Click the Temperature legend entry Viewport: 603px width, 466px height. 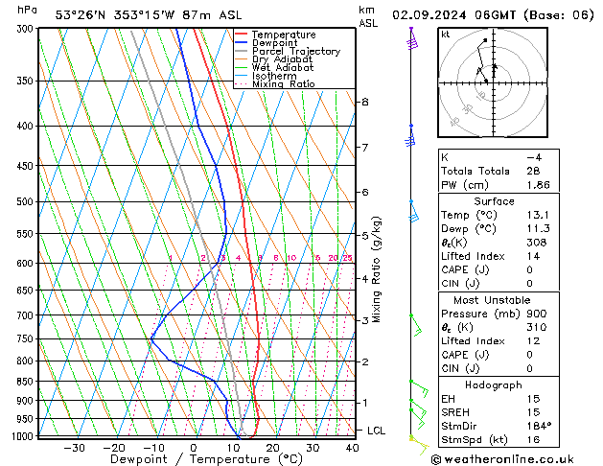[283, 35]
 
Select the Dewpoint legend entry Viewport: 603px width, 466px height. [277, 43]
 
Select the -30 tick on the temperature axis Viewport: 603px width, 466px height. [74, 447]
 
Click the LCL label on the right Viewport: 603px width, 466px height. [376, 431]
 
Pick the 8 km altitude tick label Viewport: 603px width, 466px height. [365, 102]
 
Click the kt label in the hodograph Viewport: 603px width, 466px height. [445, 35]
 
